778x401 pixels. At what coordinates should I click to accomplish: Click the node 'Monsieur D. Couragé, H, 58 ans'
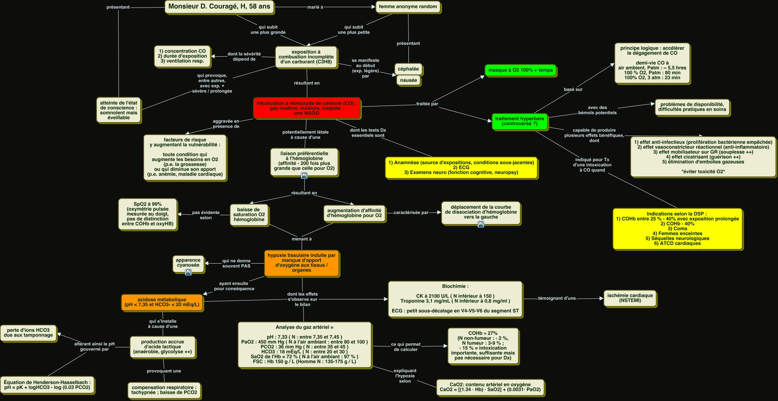coord(219,7)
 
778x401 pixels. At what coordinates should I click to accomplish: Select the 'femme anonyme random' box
coord(408,7)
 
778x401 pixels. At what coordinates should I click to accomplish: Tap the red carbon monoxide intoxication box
coord(307,108)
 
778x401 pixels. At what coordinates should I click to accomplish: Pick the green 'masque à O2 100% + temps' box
coord(520,70)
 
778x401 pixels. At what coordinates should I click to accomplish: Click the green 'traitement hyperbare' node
coord(519,121)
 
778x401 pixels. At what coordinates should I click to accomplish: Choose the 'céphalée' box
coord(408,69)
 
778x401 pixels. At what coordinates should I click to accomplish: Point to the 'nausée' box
coord(408,80)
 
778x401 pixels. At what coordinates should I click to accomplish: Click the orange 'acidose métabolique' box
coord(162,302)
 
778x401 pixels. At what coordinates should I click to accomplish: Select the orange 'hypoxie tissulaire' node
coord(301,263)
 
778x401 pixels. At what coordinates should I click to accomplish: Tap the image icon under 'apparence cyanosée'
coord(188,272)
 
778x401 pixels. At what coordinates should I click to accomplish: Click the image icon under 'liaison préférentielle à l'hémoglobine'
coord(304,176)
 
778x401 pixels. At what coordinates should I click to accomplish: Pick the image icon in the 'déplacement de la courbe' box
coord(481,224)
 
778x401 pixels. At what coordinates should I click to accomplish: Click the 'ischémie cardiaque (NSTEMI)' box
coord(630,298)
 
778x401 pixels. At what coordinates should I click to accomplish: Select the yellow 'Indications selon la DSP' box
coord(677,228)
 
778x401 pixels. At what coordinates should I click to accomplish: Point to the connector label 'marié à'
coord(315,7)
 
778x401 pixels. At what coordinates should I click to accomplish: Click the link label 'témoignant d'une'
coord(557,298)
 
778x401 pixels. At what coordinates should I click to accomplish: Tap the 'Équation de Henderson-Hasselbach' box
coord(47,385)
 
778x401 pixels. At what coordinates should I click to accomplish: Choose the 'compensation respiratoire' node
coord(164,390)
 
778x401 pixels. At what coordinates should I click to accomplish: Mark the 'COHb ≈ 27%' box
coord(483,345)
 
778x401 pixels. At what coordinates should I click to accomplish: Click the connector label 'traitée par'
coord(427,104)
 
